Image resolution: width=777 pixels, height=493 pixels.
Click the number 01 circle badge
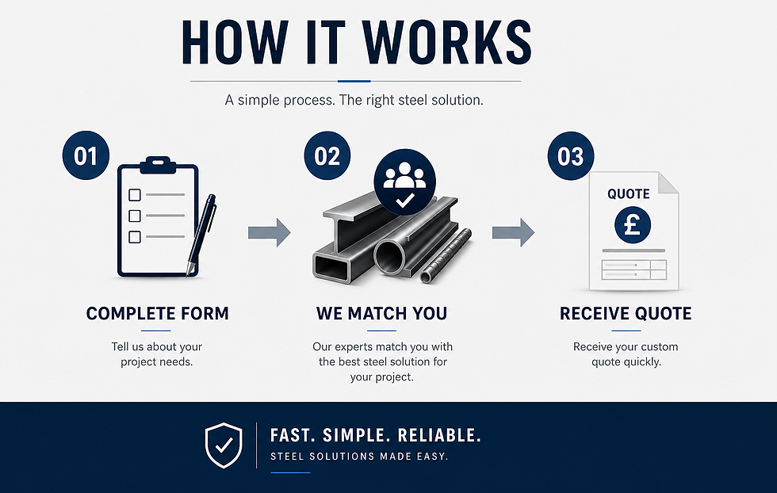86,155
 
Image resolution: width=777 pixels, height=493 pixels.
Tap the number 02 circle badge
327,155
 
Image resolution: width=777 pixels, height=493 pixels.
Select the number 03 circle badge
570,155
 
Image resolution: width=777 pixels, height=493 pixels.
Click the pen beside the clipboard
201,235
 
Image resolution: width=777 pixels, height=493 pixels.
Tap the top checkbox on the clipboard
134,195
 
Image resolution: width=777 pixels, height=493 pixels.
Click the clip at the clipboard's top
158,165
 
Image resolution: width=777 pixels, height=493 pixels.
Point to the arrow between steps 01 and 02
269,232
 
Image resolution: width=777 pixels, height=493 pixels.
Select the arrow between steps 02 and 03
513,232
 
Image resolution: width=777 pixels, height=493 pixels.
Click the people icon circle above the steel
405,182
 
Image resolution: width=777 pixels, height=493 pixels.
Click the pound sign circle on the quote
633,225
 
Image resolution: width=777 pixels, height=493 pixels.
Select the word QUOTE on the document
628,193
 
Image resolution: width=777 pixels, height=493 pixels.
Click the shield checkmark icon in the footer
224,445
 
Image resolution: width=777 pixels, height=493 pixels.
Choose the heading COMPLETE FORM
158,313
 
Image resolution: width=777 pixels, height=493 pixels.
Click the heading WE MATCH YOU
381,313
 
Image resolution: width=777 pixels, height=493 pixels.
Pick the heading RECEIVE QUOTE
626,313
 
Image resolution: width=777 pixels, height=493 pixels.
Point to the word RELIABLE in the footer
439,435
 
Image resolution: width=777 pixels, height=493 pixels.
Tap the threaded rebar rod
446,255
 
